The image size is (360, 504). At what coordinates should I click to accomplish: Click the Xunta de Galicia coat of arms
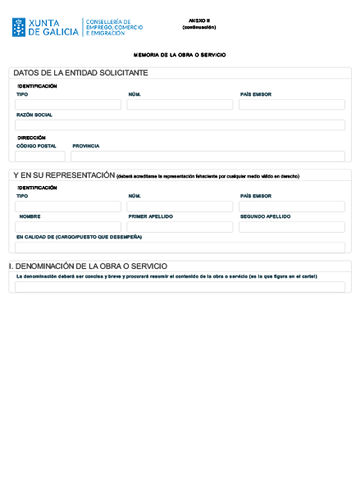19,27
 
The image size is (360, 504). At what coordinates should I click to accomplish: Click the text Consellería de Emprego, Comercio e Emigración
114,27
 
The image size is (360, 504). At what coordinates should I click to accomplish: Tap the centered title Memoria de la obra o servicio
180,55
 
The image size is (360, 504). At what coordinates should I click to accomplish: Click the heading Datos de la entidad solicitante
80,74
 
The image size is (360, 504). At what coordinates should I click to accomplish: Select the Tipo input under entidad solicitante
68,105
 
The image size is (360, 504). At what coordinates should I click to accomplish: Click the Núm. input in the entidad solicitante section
180,105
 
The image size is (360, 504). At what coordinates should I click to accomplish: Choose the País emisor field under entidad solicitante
291,105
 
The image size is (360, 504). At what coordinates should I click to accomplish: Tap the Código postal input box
39,156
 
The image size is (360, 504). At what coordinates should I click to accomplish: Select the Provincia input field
207,156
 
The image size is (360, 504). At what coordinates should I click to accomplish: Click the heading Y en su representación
64,175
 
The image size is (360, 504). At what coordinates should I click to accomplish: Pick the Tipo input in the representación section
68,207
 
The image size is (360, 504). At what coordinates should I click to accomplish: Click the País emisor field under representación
291,207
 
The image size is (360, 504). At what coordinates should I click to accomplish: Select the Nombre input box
68,227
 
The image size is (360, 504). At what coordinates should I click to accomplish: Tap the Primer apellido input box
180,227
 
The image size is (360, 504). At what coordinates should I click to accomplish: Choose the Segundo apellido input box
291,227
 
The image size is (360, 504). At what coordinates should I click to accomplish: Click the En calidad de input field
180,247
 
